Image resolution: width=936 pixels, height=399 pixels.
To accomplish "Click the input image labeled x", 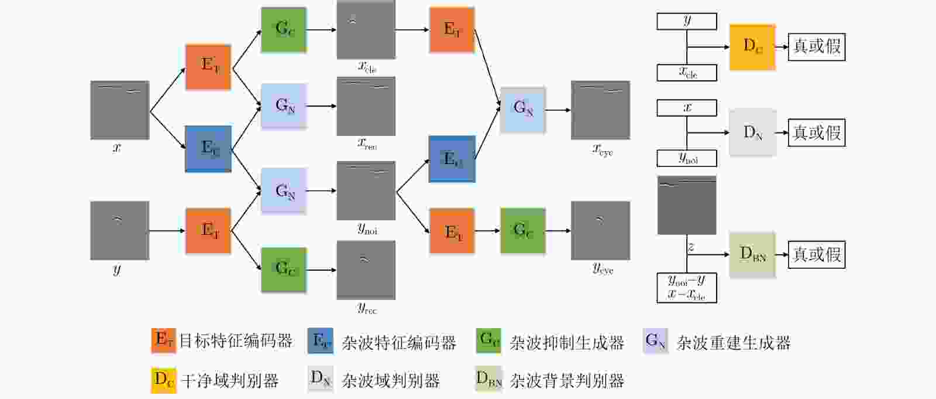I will (x=119, y=110).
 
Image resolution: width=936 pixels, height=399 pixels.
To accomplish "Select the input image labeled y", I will (x=119, y=230).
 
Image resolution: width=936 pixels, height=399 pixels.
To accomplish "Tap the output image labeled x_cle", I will (x=366, y=30).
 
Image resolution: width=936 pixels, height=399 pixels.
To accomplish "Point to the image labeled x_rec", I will (x=366, y=106).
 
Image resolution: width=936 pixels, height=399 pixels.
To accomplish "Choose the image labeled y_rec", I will (x=366, y=270).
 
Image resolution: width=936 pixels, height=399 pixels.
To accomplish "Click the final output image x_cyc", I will (x=600, y=110).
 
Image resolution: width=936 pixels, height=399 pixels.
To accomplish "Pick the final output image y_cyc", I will (x=600, y=230).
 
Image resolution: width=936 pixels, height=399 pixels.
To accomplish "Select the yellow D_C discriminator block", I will (x=752, y=47).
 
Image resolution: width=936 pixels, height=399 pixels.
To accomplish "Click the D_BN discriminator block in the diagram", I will (x=752, y=254).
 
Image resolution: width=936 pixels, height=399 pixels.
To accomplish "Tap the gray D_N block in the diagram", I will (x=752, y=132).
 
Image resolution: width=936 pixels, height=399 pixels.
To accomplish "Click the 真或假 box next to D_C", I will (x=817, y=47).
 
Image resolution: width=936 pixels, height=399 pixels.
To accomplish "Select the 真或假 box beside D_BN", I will (x=817, y=254).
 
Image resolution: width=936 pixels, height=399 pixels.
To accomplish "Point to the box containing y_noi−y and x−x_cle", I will (x=687, y=288).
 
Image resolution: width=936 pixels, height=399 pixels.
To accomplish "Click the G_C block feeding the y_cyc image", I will (x=522, y=230).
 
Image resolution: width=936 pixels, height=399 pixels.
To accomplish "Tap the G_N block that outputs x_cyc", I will (x=522, y=110).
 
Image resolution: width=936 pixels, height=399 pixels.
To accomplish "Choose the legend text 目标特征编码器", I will (x=235, y=341).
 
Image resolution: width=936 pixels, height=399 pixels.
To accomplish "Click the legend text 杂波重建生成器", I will (x=733, y=343).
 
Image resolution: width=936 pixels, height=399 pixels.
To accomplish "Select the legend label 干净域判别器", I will (x=229, y=381).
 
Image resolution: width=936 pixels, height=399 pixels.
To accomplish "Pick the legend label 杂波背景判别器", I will (x=567, y=381).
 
